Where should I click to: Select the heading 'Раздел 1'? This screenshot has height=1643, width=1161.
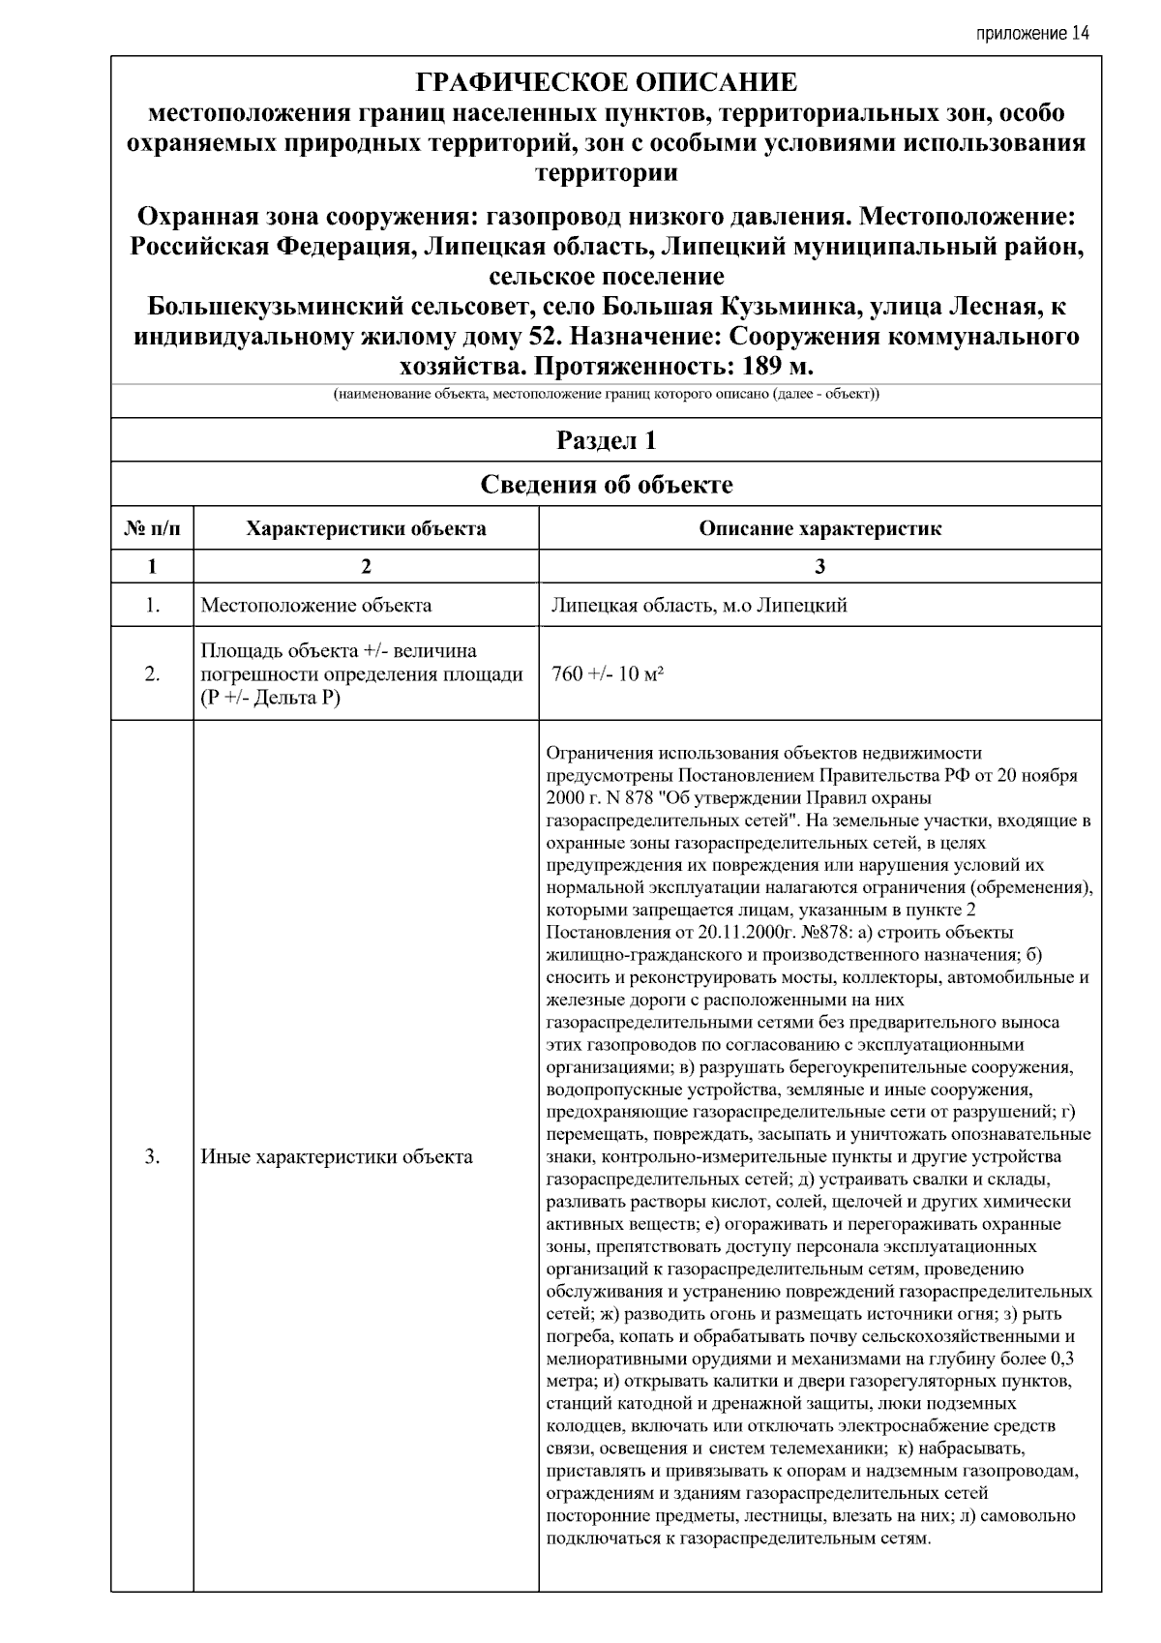[607, 441]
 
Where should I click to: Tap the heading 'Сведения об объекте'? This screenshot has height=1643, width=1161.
[607, 485]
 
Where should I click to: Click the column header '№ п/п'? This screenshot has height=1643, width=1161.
[152, 528]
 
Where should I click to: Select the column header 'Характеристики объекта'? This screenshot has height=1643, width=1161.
[366, 528]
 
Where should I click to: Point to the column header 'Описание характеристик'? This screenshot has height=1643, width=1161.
[819, 528]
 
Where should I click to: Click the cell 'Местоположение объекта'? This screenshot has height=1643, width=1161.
[316, 606]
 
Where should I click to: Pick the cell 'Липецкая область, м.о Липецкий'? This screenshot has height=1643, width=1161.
[699, 606]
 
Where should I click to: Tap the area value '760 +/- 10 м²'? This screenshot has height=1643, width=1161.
[607, 673]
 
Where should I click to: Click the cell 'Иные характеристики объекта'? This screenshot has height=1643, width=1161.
[337, 1156]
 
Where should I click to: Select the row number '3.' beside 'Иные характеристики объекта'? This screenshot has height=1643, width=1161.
[152, 1156]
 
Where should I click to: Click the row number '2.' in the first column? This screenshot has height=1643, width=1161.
[152, 673]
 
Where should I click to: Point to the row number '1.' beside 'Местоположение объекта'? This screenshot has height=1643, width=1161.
[152, 606]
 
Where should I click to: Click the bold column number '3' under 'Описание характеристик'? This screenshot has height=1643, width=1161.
[819, 567]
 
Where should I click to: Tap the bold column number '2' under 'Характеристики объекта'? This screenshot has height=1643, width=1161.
[366, 567]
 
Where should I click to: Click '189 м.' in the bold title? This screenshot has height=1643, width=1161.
[778, 367]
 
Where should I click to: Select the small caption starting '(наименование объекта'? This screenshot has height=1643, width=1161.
[607, 395]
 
